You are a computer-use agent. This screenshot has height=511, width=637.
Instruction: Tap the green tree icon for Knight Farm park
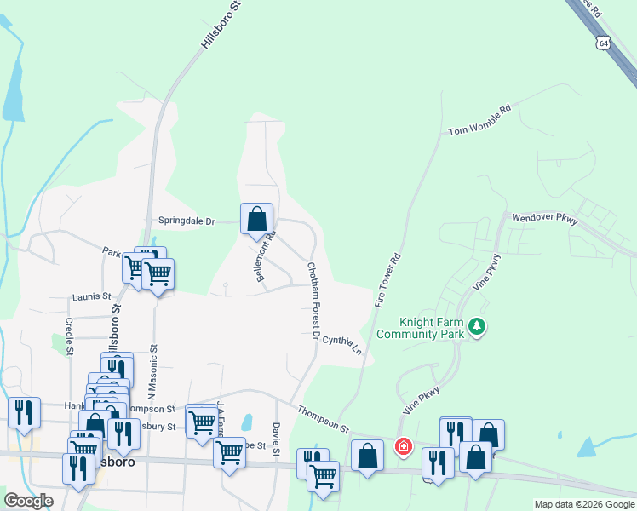coord(478,326)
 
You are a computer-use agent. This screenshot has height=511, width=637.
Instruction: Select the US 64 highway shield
coord(604,43)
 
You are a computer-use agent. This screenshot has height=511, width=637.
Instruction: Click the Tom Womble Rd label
coord(480,120)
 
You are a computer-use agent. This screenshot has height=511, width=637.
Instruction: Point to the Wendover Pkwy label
coord(545,219)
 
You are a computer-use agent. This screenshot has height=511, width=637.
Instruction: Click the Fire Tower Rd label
coord(387,280)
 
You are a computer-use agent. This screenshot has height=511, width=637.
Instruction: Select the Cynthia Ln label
coord(342,344)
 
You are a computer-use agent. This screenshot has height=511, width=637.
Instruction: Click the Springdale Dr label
coord(187,221)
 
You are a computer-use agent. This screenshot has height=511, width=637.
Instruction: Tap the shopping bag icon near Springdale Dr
coord(256,219)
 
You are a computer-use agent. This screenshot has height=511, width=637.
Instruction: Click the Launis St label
coord(92,296)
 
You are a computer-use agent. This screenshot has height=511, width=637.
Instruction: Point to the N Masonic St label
coord(154,371)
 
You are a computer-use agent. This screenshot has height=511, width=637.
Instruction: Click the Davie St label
coord(276,439)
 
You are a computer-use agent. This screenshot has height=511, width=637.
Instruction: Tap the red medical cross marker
coord(402,445)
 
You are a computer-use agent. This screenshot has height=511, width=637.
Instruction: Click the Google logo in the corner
coord(28,500)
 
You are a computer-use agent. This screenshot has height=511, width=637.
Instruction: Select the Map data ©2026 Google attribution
coord(583,504)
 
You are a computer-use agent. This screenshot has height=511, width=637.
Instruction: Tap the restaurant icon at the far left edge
coord(24,413)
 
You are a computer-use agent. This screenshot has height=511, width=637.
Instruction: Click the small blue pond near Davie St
coord(246,422)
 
